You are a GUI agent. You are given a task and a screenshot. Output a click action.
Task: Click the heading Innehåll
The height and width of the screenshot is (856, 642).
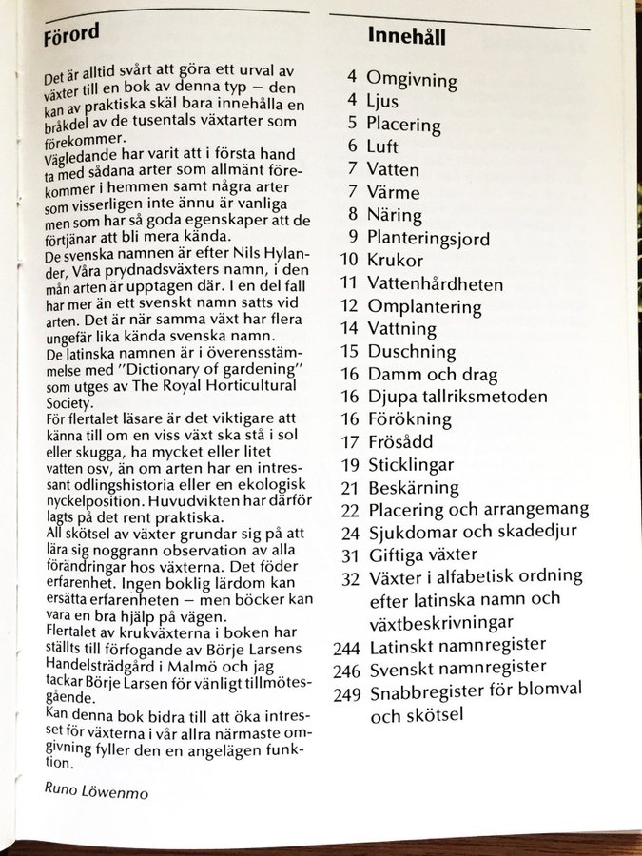coord(407,37)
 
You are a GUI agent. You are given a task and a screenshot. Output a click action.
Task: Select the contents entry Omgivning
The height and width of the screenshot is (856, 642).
coord(412,79)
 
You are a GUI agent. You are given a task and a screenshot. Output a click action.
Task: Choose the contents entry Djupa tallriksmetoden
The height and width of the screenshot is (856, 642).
coord(457,397)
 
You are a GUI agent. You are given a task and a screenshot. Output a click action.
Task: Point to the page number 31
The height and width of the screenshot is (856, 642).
coord(347,554)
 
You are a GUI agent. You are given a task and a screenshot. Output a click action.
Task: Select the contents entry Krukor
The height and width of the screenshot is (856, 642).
coord(395,260)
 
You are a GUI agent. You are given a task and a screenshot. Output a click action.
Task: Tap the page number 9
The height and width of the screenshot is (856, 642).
coord(352,238)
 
